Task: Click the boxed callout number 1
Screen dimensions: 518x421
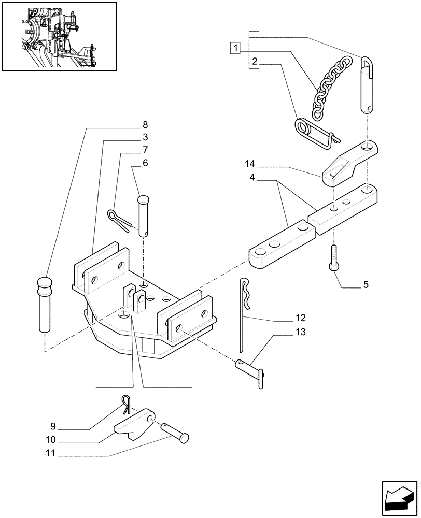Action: pos(236,49)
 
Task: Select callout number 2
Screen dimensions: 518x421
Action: pos(254,62)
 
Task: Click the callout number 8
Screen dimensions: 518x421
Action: pos(145,124)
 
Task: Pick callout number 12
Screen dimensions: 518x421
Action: pos(301,318)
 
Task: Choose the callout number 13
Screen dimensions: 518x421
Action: pos(301,332)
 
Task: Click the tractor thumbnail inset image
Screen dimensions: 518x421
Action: pos(58,36)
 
